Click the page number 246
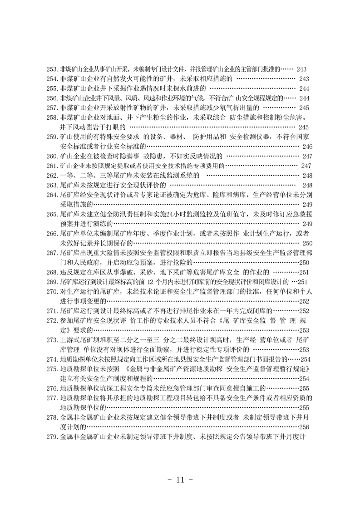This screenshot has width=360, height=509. click(x=307, y=147)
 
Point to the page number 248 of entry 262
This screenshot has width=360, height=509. click(x=307, y=176)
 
